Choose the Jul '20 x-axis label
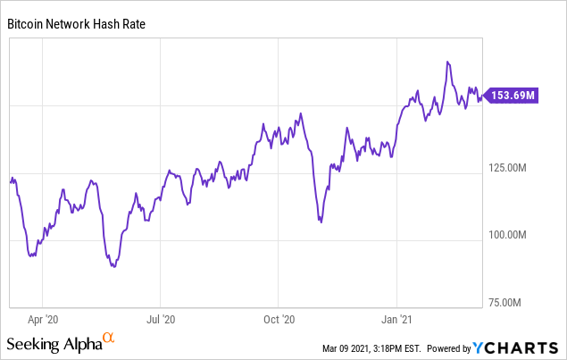point(161,318)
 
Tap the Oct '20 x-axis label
point(279,318)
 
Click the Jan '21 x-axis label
point(397,318)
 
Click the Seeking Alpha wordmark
point(53,344)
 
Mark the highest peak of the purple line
point(447,62)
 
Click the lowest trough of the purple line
point(113,266)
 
